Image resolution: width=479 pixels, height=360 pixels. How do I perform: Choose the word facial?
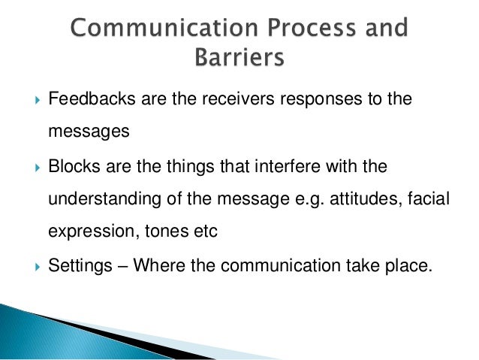tap(417, 199)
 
